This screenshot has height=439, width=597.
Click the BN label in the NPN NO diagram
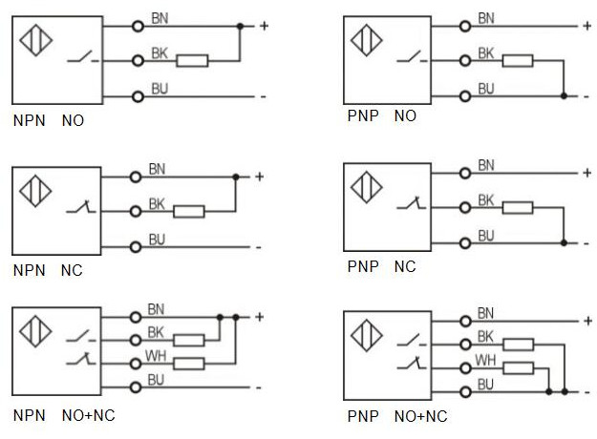coord(159,18)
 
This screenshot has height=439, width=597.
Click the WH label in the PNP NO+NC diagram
coord(486,361)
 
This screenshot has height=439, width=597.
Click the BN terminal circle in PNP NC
coord(465,173)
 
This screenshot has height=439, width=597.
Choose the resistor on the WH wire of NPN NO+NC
coord(189,363)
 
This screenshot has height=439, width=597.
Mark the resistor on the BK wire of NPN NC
coord(189,211)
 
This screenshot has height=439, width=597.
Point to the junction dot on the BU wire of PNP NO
coord(565,95)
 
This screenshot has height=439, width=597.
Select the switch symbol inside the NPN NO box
coord(80,59)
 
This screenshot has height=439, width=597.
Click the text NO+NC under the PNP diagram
coord(420,416)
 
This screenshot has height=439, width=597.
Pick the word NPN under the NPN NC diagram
coord(29,271)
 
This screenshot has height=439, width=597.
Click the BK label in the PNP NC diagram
coord(486,200)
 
